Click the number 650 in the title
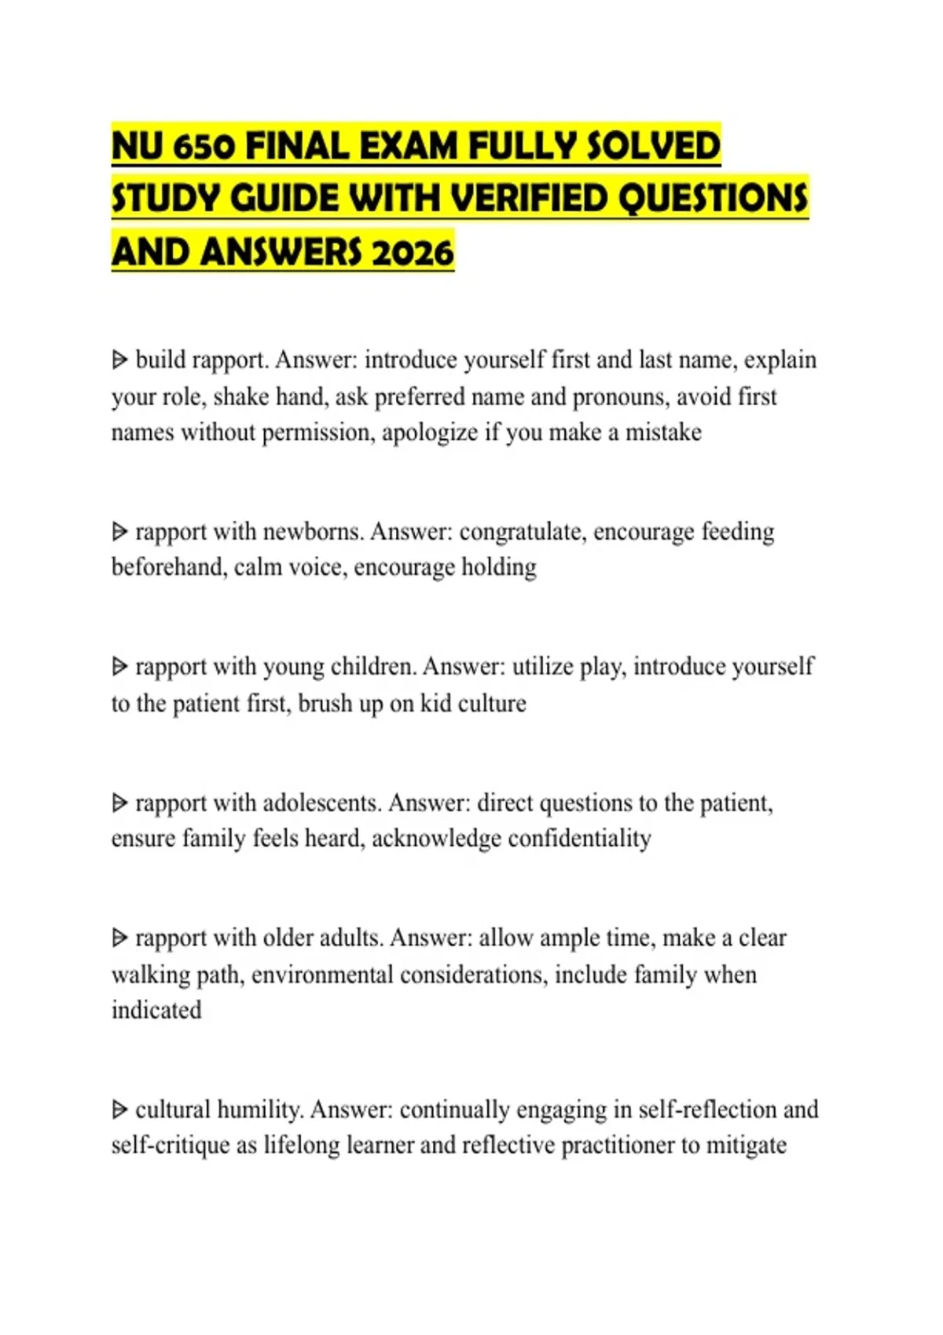point(204,147)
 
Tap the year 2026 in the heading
point(413,253)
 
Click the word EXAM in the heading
point(408,147)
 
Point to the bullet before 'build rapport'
point(119,360)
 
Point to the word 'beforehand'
point(169,567)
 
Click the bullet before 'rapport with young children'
point(119,667)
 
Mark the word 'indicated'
point(156,1010)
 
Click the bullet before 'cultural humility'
point(119,1110)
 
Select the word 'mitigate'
point(746,1146)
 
